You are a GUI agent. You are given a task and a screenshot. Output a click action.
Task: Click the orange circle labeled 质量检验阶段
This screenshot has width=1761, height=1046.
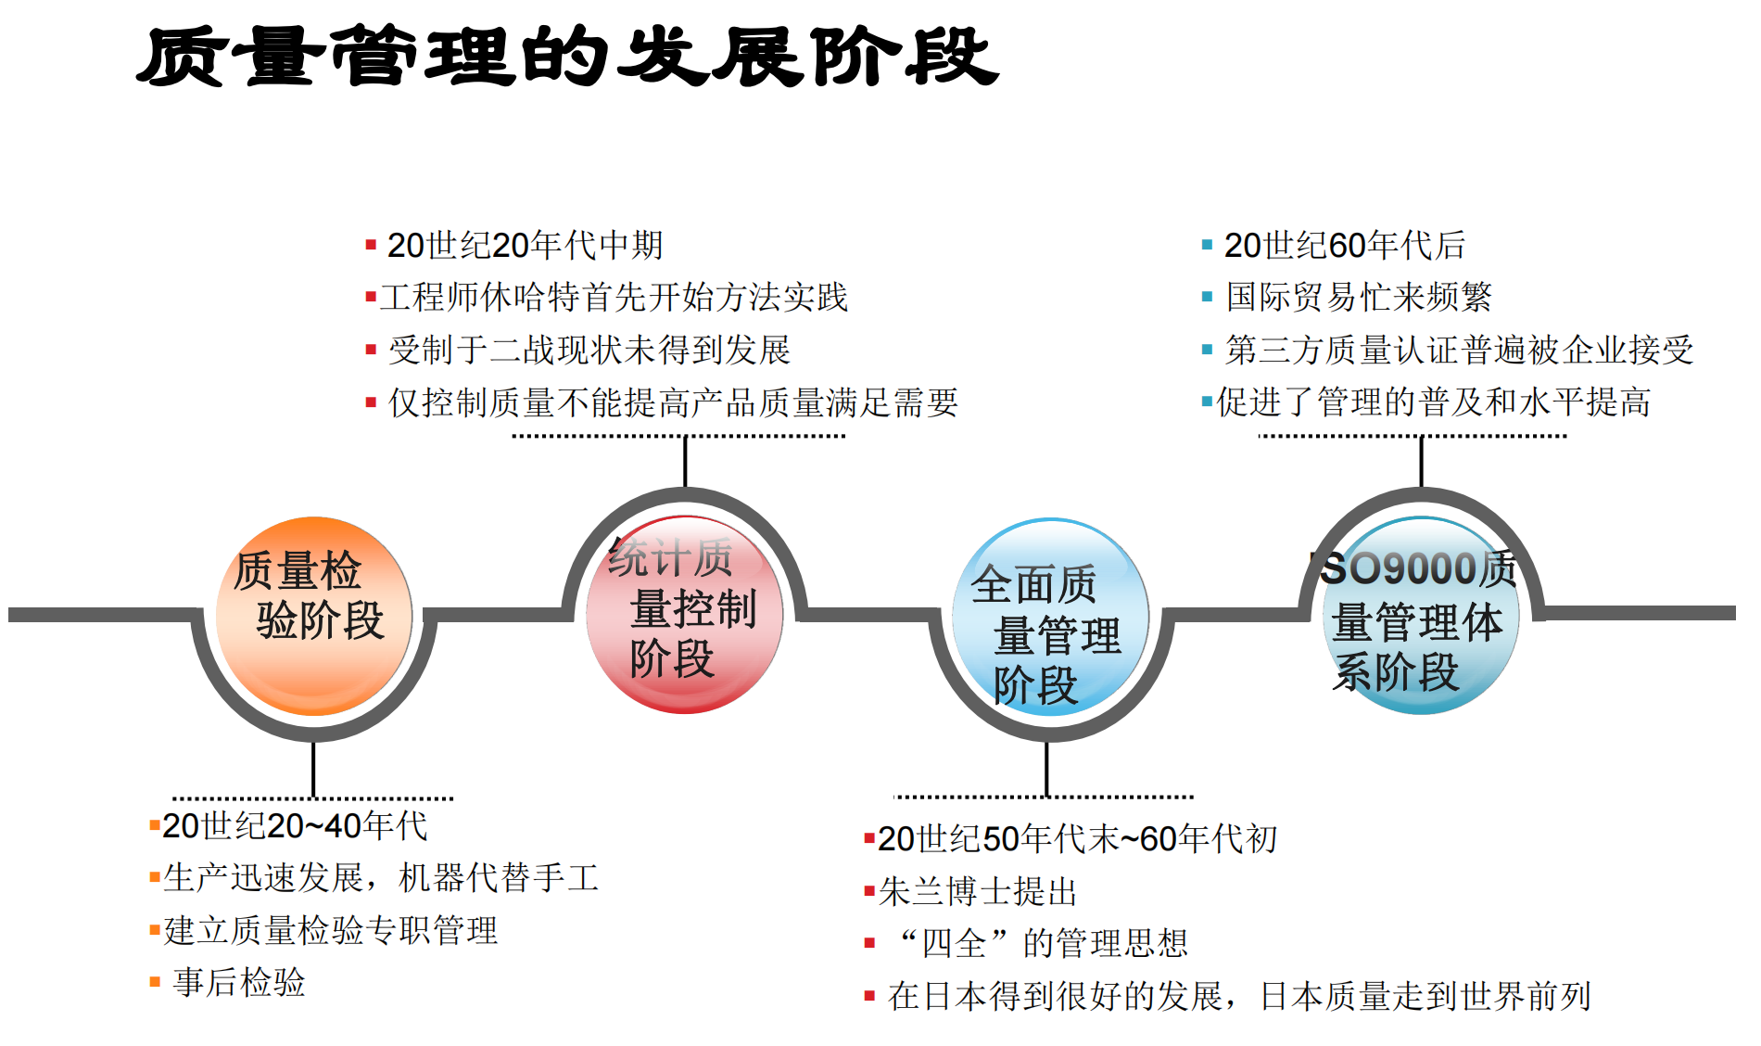pyautogui.click(x=314, y=616)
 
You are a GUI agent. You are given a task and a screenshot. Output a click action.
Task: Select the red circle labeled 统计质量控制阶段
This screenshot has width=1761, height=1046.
pyautogui.click(x=685, y=614)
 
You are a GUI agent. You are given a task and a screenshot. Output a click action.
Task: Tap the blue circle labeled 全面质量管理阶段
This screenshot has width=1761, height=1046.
pyautogui.click(x=1050, y=618)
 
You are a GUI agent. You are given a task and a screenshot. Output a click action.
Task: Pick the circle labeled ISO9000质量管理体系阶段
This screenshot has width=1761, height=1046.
pyautogui.click(x=1421, y=616)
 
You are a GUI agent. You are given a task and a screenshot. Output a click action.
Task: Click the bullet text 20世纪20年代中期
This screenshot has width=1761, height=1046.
pyautogui.click(x=525, y=246)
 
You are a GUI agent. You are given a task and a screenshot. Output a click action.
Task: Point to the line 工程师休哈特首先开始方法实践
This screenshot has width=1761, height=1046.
pyautogui.click(x=614, y=298)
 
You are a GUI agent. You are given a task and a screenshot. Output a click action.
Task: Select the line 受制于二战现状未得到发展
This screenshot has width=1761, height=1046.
pyautogui.click(x=589, y=351)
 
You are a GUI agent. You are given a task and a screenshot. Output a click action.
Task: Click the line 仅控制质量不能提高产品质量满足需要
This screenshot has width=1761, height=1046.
pyautogui.click(x=673, y=402)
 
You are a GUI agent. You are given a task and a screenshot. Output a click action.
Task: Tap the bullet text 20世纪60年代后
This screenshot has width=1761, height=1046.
pyautogui.click(x=1345, y=246)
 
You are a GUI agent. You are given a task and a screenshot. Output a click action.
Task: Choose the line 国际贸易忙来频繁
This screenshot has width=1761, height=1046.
pyautogui.click(x=1359, y=298)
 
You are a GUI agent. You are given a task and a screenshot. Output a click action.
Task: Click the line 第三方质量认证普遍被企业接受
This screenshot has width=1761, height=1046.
pyautogui.click(x=1459, y=351)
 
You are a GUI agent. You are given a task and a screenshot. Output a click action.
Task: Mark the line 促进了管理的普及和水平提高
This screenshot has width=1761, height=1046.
pyautogui.click(x=1433, y=402)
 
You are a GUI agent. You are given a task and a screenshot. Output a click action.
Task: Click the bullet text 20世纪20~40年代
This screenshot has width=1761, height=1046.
pyautogui.click(x=295, y=826)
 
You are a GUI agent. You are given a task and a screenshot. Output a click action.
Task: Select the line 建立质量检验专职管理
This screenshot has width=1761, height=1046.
pyautogui.click(x=331, y=930)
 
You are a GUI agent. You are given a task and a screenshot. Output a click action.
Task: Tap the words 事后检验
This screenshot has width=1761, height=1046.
pyautogui.click(x=239, y=982)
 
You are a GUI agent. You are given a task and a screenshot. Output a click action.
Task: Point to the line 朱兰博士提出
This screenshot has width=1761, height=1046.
pyautogui.click(x=978, y=892)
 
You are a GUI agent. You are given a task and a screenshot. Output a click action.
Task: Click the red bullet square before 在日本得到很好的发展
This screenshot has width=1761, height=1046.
pyautogui.click(x=869, y=997)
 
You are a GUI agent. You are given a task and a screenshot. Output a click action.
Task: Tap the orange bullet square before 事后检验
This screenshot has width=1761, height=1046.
pyautogui.click(x=155, y=982)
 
